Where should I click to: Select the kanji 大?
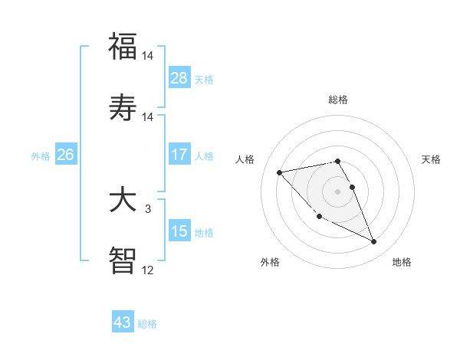pos(123,200)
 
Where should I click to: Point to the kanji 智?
pos(123,260)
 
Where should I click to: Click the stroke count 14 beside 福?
pos(148,56)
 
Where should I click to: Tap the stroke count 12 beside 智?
pos(148,270)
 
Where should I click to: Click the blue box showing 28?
pos(179,78)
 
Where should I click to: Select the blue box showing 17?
pos(179,155)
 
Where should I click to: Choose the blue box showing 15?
pos(179,231)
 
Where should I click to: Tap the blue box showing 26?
pos(65,155)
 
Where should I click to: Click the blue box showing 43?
pos(122,322)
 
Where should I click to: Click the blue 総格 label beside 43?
pos(147,324)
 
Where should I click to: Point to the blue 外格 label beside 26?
pos(41,156)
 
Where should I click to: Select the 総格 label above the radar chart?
pos(338,100)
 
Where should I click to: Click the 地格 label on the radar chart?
pos(402,263)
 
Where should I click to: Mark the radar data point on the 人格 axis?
pos(279,172)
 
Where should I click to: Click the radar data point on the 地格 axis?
pos(374,242)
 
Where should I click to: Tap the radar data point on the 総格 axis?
pos(338,161)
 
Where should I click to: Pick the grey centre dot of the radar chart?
pos(338,191)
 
